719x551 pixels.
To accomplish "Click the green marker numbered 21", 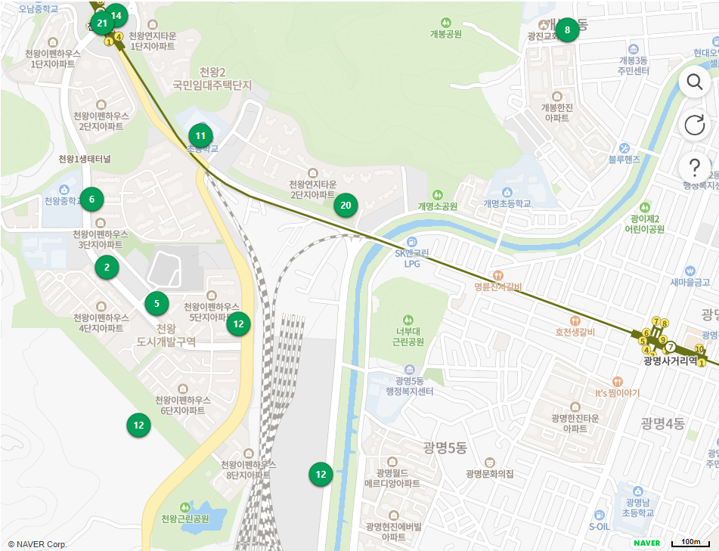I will click(x=102, y=23).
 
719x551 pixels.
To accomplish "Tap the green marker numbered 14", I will click(x=116, y=15).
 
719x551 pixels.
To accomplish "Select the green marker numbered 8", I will click(x=567, y=30).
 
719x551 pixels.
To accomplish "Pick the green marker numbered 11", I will click(x=200, y=137).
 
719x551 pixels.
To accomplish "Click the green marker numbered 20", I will click(x=346, y=205).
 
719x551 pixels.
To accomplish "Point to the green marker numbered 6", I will click(x=91, y=200).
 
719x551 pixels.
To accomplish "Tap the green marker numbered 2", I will click(x=107, y=267).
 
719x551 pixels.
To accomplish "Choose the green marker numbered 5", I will click(x=157, y=304).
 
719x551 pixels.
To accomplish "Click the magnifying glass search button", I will click(x=694, y=81).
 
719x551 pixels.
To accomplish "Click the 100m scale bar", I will click(x=690, y=542).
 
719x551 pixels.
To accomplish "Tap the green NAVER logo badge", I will click(x=646, y=542).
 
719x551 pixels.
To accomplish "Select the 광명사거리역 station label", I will click(x=670, y=361).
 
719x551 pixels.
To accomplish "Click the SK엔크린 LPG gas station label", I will click(x=412, y=258).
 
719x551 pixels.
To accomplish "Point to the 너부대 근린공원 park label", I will click(x=409, y=336).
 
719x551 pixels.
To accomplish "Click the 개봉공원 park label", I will click(x=446, y=33).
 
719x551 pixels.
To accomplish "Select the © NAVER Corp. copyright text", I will click(x=37, y=544).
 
